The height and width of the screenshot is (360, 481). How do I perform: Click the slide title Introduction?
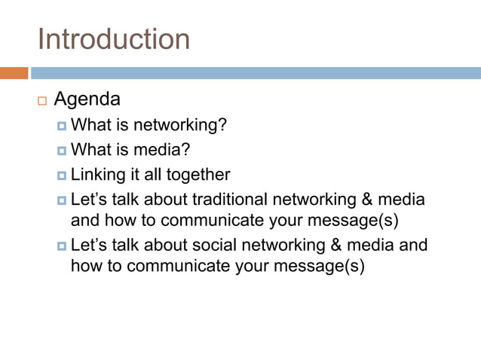114,39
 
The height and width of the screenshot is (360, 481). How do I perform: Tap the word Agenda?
87,99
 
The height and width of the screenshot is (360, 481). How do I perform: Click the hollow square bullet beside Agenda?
41,100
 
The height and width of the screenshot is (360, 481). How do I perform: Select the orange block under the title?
14,73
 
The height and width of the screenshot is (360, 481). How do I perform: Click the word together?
198,175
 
